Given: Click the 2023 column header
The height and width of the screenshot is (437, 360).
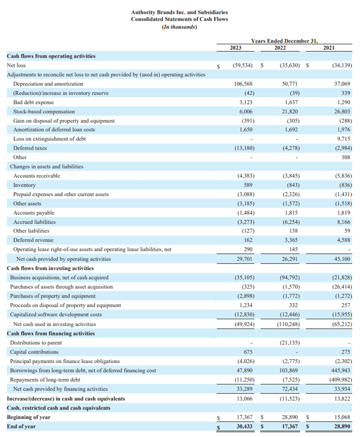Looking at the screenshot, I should (235, 48).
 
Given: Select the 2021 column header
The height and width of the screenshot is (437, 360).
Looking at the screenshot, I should (329, 48).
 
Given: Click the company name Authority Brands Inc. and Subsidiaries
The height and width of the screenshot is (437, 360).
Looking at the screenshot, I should (179, 13).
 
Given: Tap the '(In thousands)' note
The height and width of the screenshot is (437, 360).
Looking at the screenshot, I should (179, 27).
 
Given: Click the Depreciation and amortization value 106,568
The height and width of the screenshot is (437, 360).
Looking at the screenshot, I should (243, 84).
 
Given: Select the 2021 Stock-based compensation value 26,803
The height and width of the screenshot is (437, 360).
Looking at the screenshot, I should (341, 112).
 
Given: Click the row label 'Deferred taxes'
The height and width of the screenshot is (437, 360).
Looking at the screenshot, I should (30, 148).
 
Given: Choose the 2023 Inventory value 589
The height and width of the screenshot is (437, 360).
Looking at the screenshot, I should (249, 185).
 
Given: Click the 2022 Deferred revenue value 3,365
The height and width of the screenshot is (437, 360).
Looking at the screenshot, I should (291, 240).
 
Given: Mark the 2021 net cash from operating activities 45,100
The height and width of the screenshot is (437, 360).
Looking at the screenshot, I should (342, 259).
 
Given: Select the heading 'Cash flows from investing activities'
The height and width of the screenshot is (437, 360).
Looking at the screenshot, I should (50, 268).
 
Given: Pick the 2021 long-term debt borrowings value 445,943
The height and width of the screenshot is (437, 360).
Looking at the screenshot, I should (341, 370).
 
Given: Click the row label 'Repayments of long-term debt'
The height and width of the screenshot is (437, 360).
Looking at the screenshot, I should (46, 380).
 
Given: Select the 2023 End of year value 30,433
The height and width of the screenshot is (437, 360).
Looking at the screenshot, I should (244, 426).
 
